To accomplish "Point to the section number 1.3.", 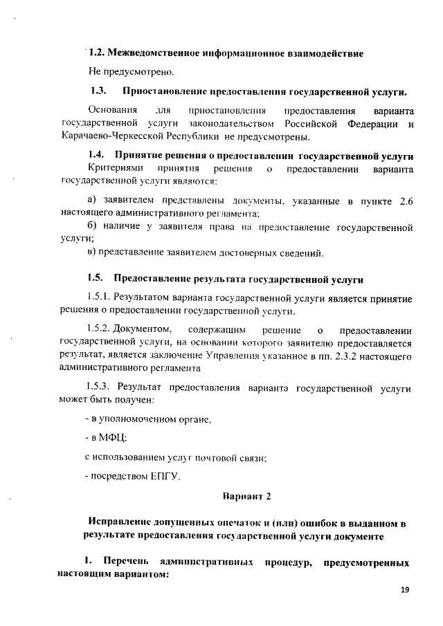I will click(98, 91).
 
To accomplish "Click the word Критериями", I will click(114, 169).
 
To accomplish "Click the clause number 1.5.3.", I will click(98, 386).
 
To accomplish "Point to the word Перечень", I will click(125, 560).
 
